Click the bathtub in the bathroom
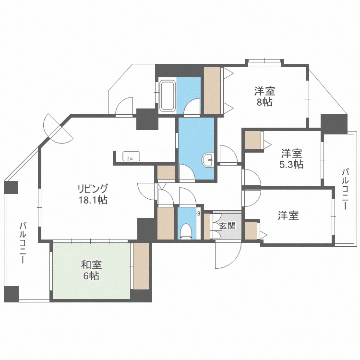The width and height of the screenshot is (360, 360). pyautogui.click(x=168, y=96)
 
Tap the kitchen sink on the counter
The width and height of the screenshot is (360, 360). pyautogui.click(x=131, y=156)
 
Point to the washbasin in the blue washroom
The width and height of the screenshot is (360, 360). pyautogui.click(x=208, y=159)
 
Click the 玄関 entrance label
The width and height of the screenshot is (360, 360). pyautogui.click(x=228, y=226)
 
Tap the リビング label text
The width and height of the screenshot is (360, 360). pyautogui.click(x=93, y=189)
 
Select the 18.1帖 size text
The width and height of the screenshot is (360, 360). pyautogui.click(x=93, y=200)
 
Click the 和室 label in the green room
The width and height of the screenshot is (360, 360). pyautogui.click(x=91, y=265)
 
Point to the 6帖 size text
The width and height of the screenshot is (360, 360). pyautogui.click(x=91, y=276)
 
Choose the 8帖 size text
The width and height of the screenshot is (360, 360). pyautogui.click(x=264, y=102)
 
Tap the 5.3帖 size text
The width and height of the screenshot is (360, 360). pyautogui.click(x=291, y=164)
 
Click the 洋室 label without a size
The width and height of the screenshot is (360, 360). pyautogui.click(x=288, y=216)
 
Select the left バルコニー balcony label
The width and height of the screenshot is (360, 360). pyautogui.click(x=23, y=242)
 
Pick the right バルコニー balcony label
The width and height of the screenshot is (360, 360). pyautogui.click(x=345, y=189)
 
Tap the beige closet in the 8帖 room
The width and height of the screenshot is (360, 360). pyautogui.click(x=212, y=90)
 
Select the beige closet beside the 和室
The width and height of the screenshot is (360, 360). pyautogui.click(x=141, y=266)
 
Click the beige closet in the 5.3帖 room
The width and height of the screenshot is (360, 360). pyautogui.click(x=253, y=140)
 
